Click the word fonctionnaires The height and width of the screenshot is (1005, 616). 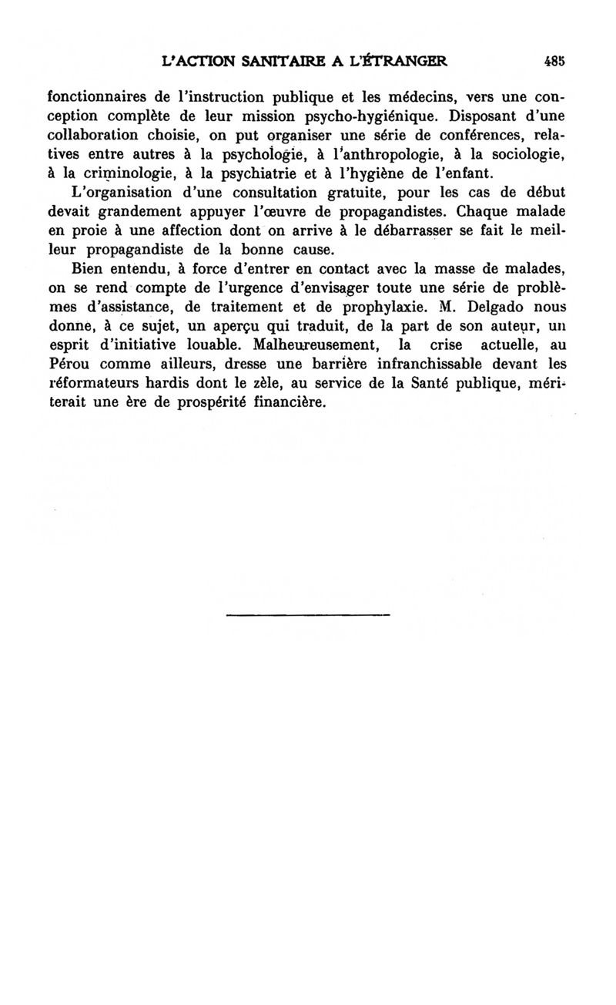coord(97,98)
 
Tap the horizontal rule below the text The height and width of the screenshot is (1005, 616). coord(308,615)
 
